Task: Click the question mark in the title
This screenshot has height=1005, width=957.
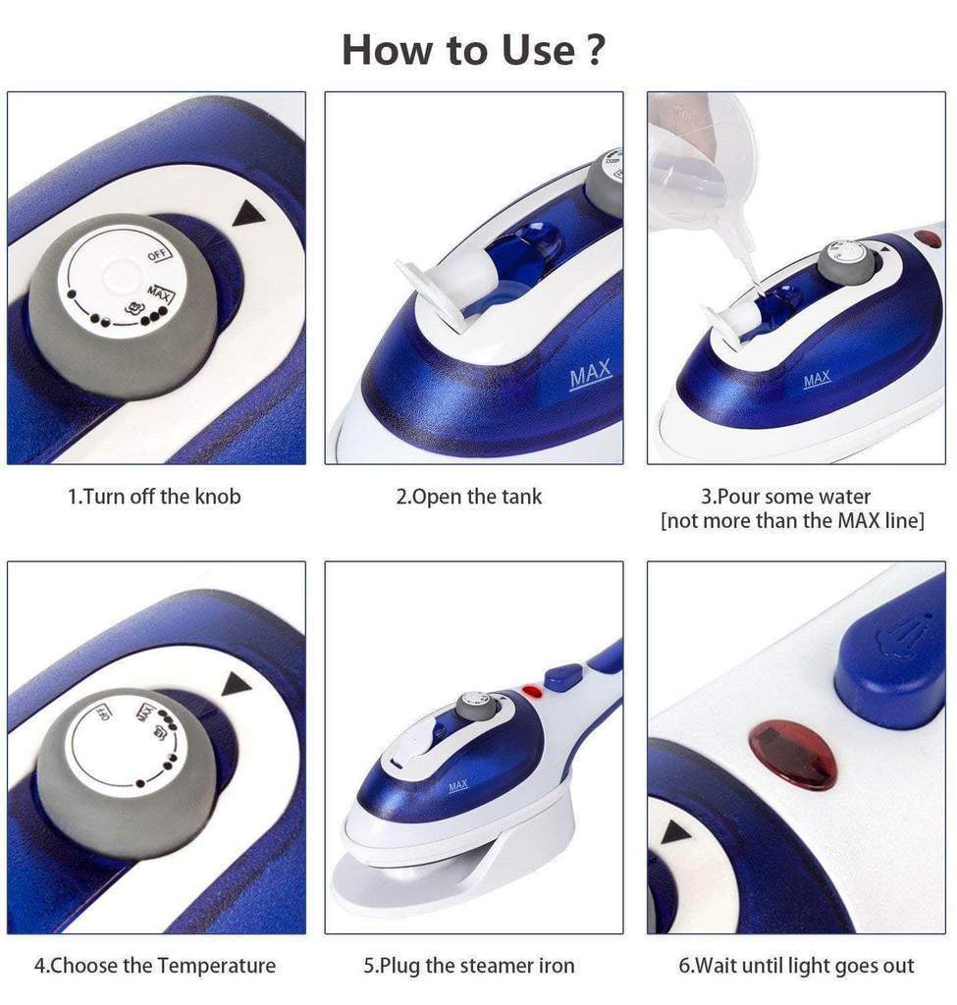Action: [x=596, y=50]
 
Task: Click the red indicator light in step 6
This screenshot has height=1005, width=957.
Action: [x=793, y=757]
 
